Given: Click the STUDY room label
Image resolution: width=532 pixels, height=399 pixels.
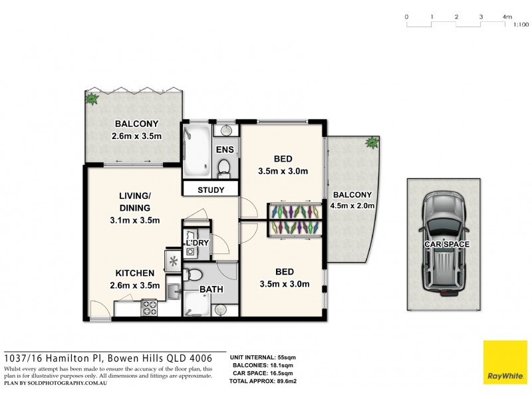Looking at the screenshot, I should pyautogui.click(x=210, y=190).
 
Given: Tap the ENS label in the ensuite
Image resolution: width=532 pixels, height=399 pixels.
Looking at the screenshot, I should pyautogui.click(x=225, y=150).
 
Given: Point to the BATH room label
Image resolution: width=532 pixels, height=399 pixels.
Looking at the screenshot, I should pyautogui.click(x=211, y=290).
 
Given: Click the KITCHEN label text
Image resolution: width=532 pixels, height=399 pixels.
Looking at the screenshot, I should pyautogui.click(x=135, y=273).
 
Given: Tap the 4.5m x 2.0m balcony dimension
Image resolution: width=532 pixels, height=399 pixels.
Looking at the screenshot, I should pyautogui.click(x=352, y=205).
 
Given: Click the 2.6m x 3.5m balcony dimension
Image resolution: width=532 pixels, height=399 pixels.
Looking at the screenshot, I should pyautogui.click(x=137, y=136).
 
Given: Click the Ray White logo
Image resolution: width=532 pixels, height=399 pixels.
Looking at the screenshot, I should pyautogui.click(x=505, y=362).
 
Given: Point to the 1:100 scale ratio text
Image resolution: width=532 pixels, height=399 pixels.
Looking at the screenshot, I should pyautogui.click(x=521, y=25).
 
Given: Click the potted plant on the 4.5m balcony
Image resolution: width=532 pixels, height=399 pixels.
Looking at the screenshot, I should pyautogui.click(x=370, y=142).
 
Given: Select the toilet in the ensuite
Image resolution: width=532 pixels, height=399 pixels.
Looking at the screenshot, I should pyautogui.click(x=224, y=166).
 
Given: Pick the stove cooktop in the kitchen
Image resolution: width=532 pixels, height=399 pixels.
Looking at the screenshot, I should pyautogui.click(x=148, y=307).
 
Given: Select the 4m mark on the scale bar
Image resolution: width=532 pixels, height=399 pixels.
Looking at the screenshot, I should pyautogui.click(x=507, y=16).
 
